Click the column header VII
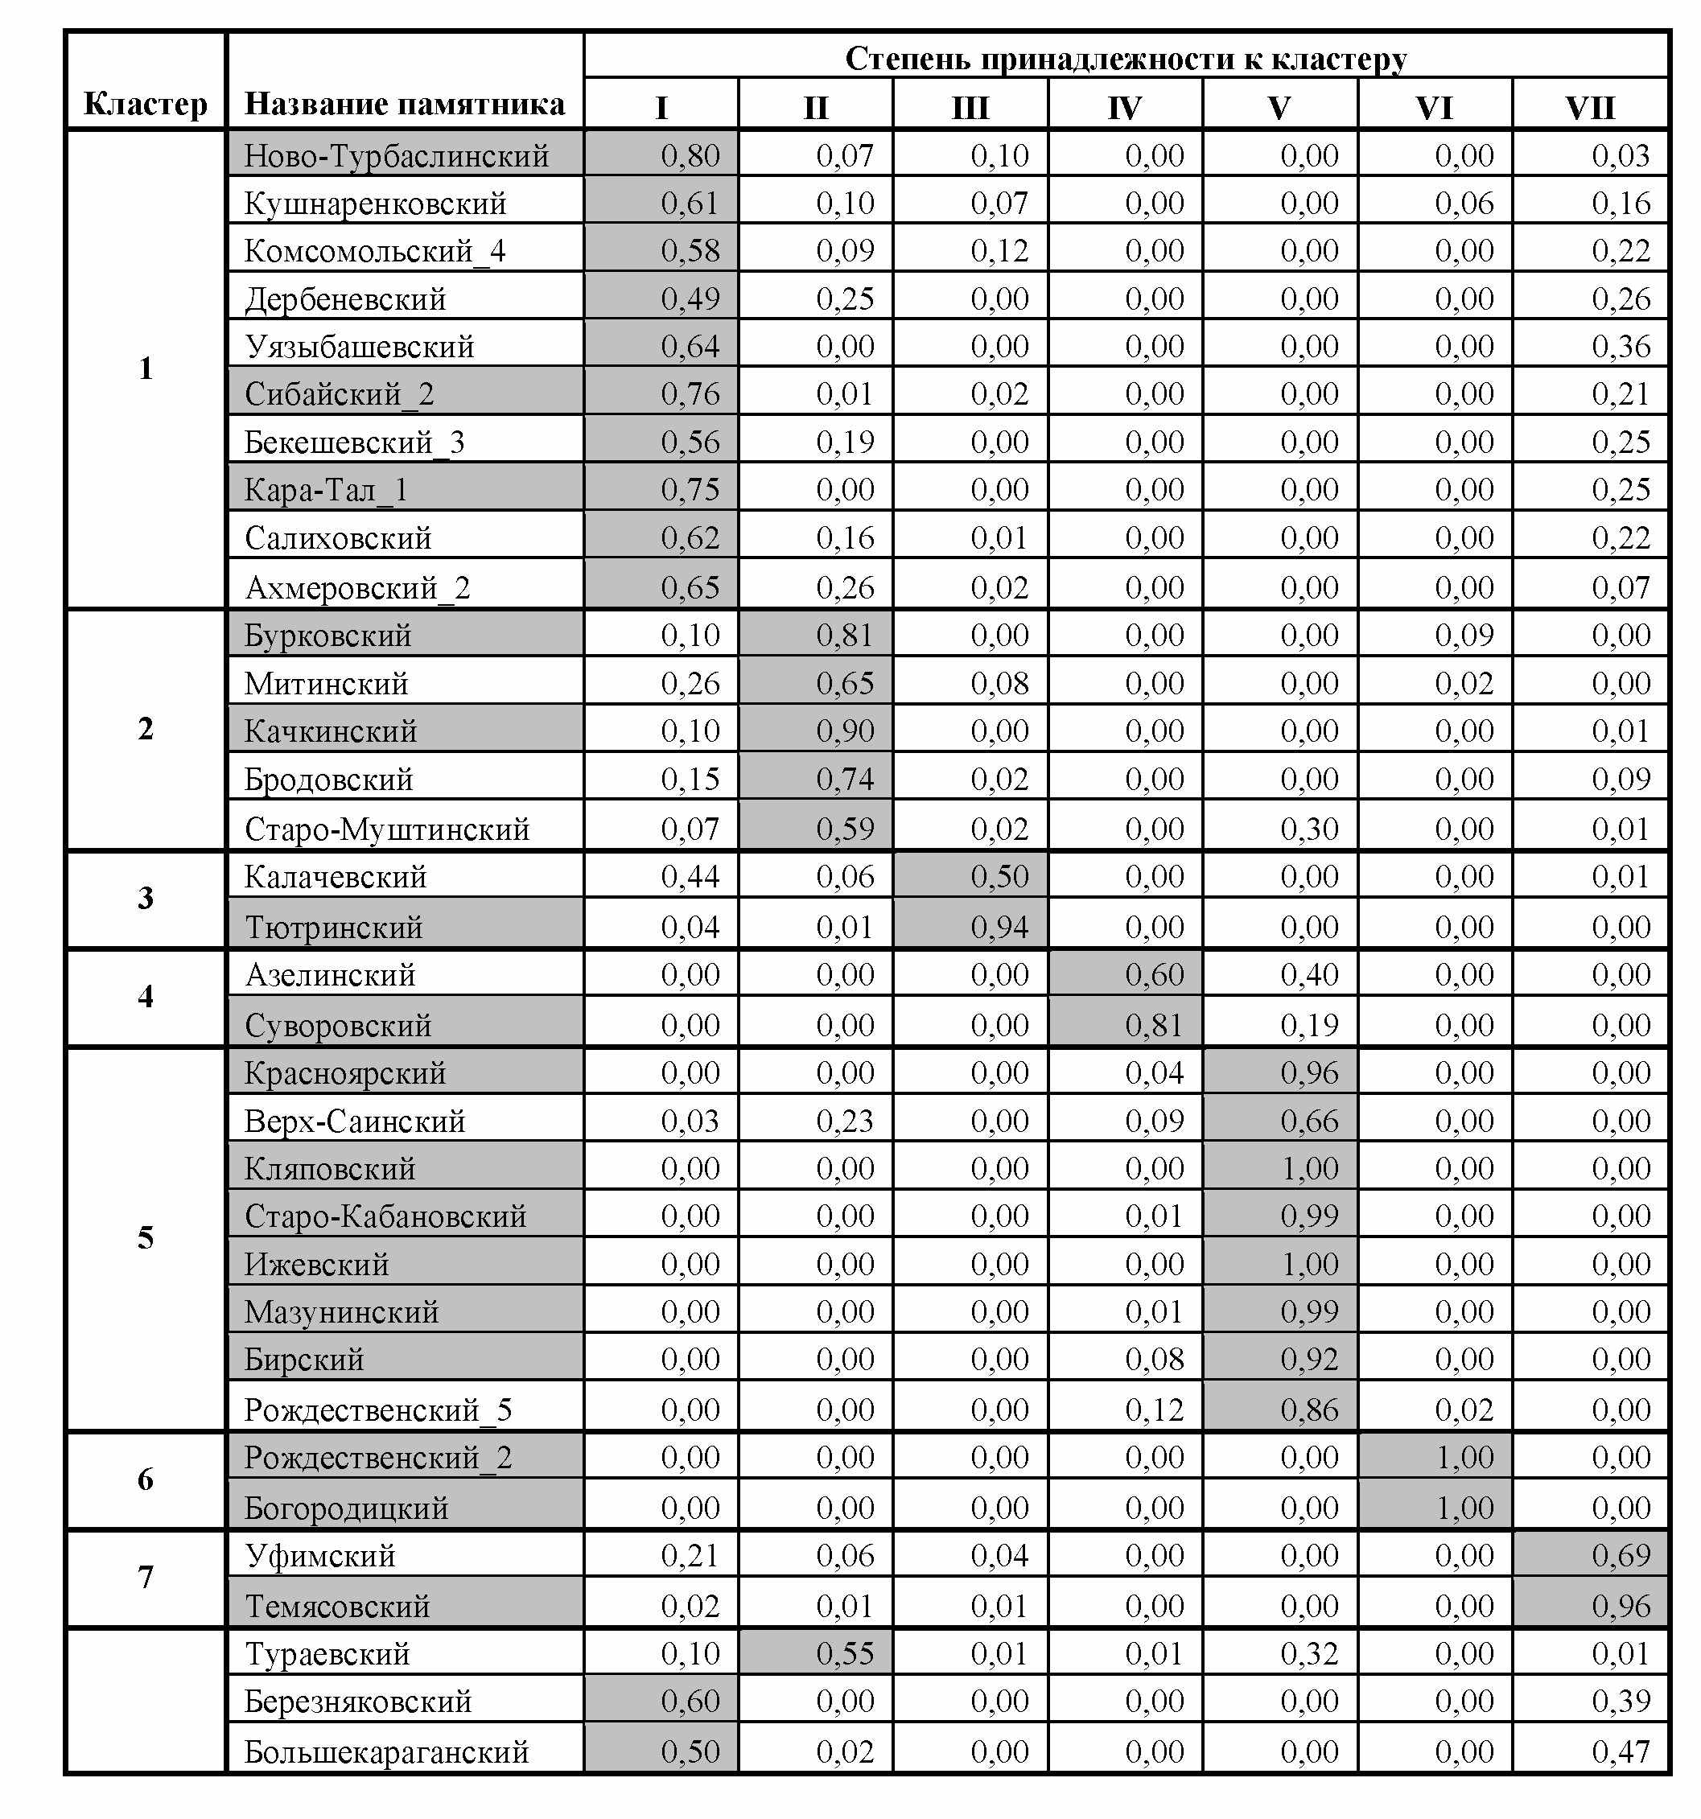click(x=1589, y=108)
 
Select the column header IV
click(x=1125, y=108)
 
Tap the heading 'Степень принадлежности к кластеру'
click(x=1126, y=59)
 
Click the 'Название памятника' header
click(x=405, y=104)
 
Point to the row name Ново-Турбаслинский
click(x=396, y=155)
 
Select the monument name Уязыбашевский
click(x=359, y=347)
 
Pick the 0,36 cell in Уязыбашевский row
click(x=1621, y=347)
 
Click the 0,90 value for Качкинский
click(x=845, y=731)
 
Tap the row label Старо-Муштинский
click(x=387, y=829)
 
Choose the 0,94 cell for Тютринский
click(x=999, y=927)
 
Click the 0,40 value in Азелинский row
click(x=1309, y=974)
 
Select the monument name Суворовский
click(x=338, y=1025)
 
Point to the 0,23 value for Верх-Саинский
click(x=845, y=1121)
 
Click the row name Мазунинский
click(x=341, y=1312)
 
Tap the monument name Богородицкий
click(x=346, y=1508)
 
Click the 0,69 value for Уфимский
click(x=1621, y=1555)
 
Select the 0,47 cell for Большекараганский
click(x=1621, y=1751)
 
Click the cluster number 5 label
click(x=146, y=1238)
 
